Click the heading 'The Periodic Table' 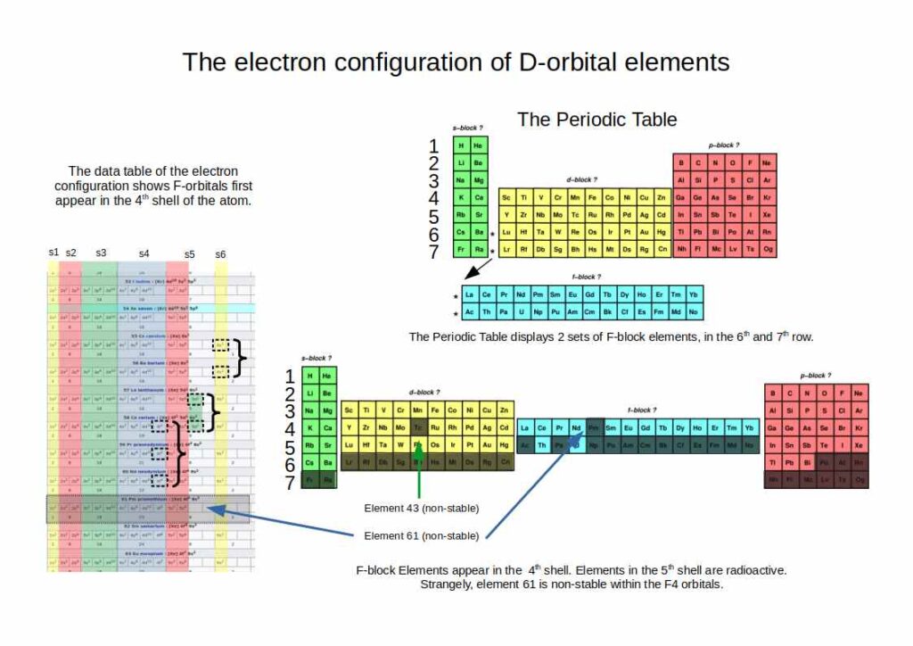tap(596, 119)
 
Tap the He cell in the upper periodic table tap(478, 146)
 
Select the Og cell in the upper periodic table tap(768, 249)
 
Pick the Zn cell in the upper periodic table tap(661, 197)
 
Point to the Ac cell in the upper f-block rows tap(469, 312)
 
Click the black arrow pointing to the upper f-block tap(474, 269)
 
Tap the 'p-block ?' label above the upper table tap(723, 145)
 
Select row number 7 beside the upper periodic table tap(434, 253)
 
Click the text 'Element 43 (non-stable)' tap(422, 508)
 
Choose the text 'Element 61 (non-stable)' tap(422, 535)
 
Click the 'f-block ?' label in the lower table tap(640, 410)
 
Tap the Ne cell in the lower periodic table tap(860, 393)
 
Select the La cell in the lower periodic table tap(525, 427)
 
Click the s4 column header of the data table tap(145, 253)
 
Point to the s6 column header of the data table tap(220, 254)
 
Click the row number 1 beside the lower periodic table tap(288, 377)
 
